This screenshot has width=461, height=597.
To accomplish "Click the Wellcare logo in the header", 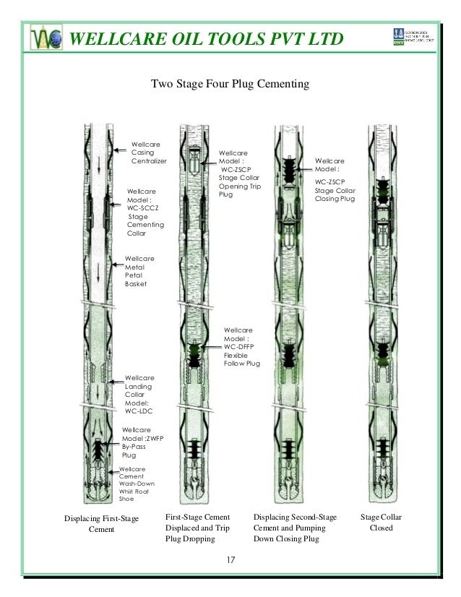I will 46,38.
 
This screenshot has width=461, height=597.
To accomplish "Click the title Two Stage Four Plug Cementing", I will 229,85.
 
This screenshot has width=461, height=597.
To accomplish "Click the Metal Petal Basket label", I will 139,271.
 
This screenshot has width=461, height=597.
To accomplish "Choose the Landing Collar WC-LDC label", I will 139,395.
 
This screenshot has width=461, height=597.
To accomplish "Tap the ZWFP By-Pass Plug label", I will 142,442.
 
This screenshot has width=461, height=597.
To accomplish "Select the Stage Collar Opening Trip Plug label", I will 239,174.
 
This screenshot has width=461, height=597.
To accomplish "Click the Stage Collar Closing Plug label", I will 335,180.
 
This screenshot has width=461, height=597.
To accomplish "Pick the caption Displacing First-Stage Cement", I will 101,524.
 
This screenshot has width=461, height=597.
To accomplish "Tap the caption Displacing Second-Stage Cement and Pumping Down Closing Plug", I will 296,528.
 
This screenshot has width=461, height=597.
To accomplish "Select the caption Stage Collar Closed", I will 381,523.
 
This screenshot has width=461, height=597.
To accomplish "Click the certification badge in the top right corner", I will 411,36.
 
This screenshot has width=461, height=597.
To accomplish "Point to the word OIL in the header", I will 172,38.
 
